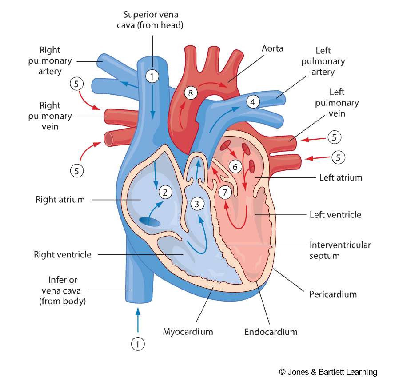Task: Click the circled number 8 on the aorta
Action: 191,93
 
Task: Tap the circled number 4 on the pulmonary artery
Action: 253,102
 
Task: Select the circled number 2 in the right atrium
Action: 165,193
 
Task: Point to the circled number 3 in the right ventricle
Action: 196,204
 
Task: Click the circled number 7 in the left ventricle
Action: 225,193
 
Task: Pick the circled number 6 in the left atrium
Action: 235,167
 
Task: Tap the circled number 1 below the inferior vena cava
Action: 138,343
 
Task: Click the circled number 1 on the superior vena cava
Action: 152,76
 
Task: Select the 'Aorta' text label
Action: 272,48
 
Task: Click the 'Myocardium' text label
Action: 188,331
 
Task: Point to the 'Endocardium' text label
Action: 271,332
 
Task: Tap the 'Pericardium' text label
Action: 333,294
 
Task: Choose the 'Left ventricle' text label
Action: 335,215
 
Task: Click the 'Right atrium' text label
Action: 60,200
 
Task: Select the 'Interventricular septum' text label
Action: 340,250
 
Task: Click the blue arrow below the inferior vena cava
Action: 138,319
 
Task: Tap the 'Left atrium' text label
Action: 341,177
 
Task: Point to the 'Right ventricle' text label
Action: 63,255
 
